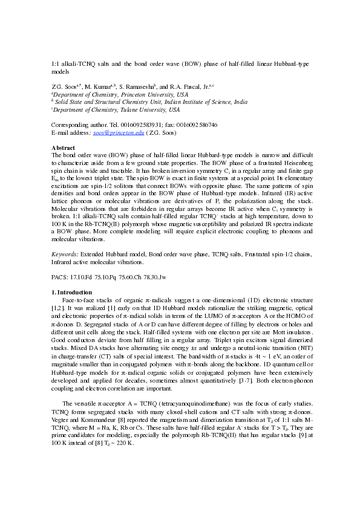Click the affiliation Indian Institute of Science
(x=200, y=103)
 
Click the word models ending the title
(x=61, y=71)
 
